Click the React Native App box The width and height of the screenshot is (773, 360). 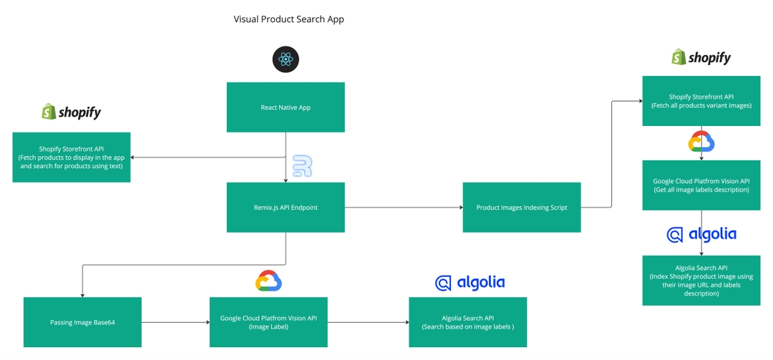(286, 107)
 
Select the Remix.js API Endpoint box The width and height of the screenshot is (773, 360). (286, 207)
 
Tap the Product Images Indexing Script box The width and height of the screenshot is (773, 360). (522, 207)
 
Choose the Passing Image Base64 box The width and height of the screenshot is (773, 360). (82, 322)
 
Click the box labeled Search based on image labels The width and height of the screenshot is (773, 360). (468, 322)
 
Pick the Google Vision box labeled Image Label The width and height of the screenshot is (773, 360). (268, 322)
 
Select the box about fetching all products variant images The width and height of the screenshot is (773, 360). (701, 101)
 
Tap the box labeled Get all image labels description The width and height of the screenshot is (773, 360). (701, 185)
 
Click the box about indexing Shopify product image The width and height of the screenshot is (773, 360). (701, 280)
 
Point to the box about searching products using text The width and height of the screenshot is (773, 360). (72, 157)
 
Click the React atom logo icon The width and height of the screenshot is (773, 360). (286, 59)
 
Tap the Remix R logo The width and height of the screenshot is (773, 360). (302, 166)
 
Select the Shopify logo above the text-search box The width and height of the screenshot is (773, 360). (72, 112)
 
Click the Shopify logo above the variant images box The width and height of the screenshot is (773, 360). (701, 57)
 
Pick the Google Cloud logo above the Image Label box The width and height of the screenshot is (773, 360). (268, 281)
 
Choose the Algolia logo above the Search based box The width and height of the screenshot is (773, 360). (470, 283)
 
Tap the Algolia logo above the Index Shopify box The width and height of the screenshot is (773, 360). (701, 235)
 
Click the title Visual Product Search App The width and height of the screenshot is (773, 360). (289, 19)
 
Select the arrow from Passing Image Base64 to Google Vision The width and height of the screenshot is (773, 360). (175, 323)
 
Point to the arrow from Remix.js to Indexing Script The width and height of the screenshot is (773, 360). (404, 208)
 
